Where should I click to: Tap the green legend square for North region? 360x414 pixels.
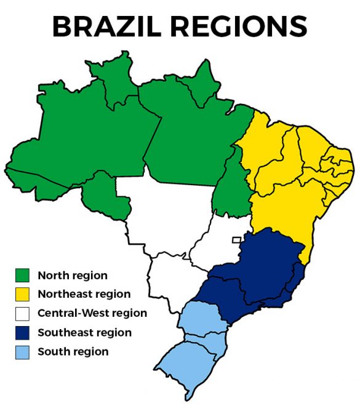tap(23, 275)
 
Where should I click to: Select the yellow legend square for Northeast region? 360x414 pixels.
tap(23, 294)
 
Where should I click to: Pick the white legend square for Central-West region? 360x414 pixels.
tap(23, 313)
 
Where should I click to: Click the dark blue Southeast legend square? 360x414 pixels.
tap(23, 333)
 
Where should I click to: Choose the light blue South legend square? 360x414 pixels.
tap(23, 352)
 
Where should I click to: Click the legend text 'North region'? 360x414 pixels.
tap(72, 275)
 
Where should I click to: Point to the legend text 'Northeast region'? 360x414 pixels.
tap(84, 294)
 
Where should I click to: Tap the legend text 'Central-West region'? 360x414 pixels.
tap(92, 313)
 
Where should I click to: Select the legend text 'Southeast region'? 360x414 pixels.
tap(84, 333)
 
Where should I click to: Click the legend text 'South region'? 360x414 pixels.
tap(73, 352)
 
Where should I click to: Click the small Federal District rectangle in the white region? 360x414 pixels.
tap(236, 240)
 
